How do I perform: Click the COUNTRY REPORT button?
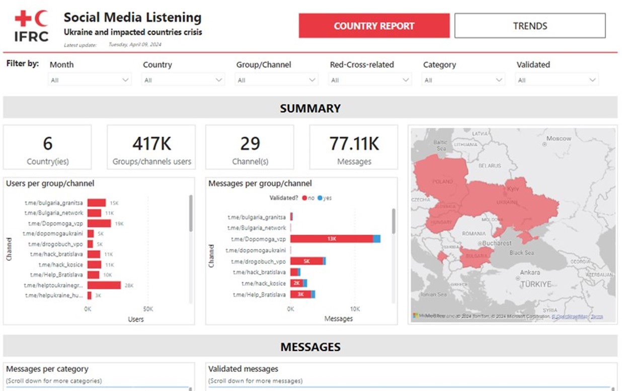tap(374, 26)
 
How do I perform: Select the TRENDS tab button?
tap(530, 26)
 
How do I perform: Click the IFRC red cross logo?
tap(31, 26)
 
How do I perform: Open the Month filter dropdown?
tap(90, 80)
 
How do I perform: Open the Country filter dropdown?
tap(183, 80)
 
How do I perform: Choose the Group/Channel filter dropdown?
tap(276, 80)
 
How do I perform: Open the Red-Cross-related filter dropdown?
tap(370, 80)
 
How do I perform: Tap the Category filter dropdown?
tap(463, 80)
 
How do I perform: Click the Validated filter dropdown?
tap(557, 80)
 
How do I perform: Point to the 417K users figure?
tap(151, 144)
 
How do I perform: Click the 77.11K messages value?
tap(354, 144)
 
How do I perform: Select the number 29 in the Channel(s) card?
tap(250, 144)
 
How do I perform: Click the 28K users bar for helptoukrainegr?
tap(104, 285)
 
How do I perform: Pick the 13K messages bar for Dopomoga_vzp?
tap(332, 239)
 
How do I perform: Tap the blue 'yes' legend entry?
tap(325, 198)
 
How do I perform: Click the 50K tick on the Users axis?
tap(147, 309)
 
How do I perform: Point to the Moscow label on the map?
tap(559, 138)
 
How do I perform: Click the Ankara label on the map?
tap(529, 272)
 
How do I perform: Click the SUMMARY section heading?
tap(310, 108)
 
